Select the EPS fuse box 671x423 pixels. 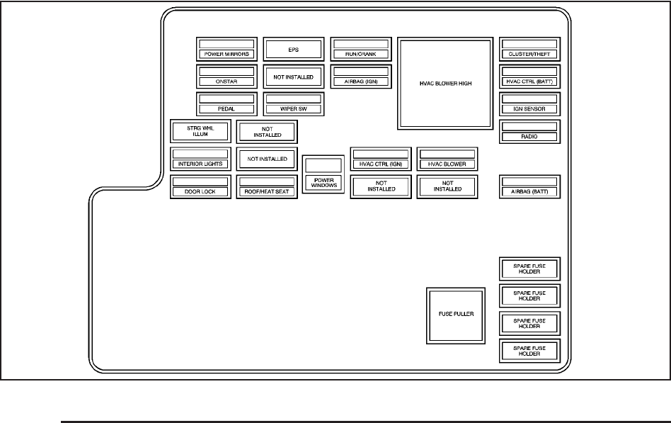[294, 50]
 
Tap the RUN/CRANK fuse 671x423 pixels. [361, 49]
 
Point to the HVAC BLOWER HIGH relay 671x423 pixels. [445, 84]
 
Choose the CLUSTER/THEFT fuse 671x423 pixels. [529, 49]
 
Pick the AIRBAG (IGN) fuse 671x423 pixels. [361, 77]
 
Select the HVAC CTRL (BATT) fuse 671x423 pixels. [529, 77]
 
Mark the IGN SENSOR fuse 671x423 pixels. [529, 104]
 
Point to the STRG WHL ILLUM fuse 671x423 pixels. [200, 131]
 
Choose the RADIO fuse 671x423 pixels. [529, 132]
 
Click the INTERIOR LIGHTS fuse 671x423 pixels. [200, 159]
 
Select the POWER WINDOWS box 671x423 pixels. [323, 174]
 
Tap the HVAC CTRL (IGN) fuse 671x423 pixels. [381, 159]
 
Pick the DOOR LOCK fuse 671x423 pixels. [200, 186]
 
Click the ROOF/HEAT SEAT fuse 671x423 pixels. [267, 186]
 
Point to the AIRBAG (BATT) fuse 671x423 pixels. [529, 186]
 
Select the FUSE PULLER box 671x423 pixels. [455, 315]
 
